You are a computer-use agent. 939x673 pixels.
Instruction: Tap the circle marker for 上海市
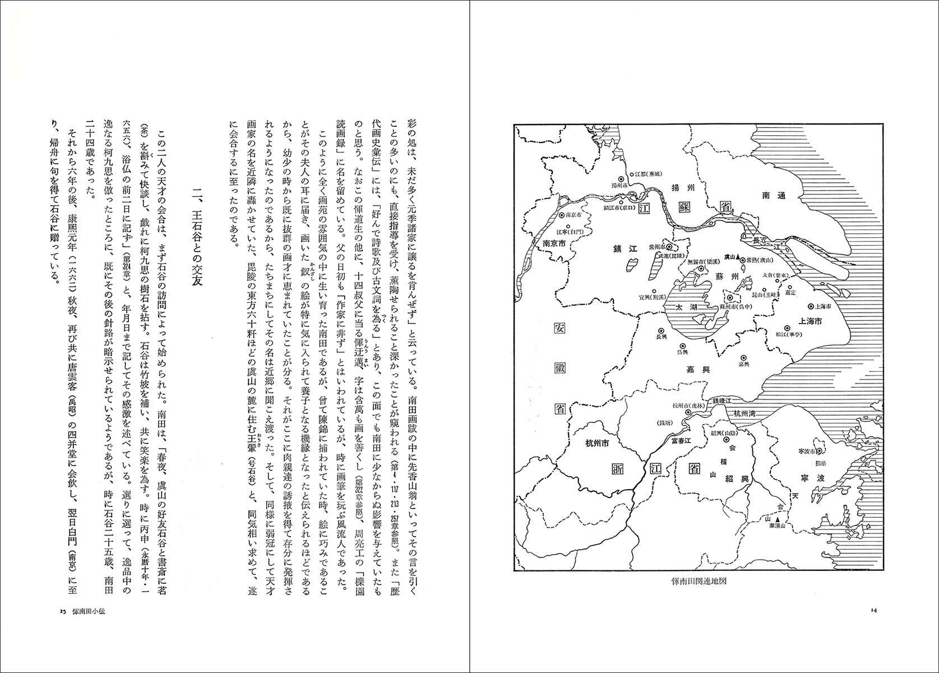810,307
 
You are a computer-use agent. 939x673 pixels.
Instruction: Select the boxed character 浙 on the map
622,470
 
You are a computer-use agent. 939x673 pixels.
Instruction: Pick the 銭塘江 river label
723,400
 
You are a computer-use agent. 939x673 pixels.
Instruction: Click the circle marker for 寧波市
820,450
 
